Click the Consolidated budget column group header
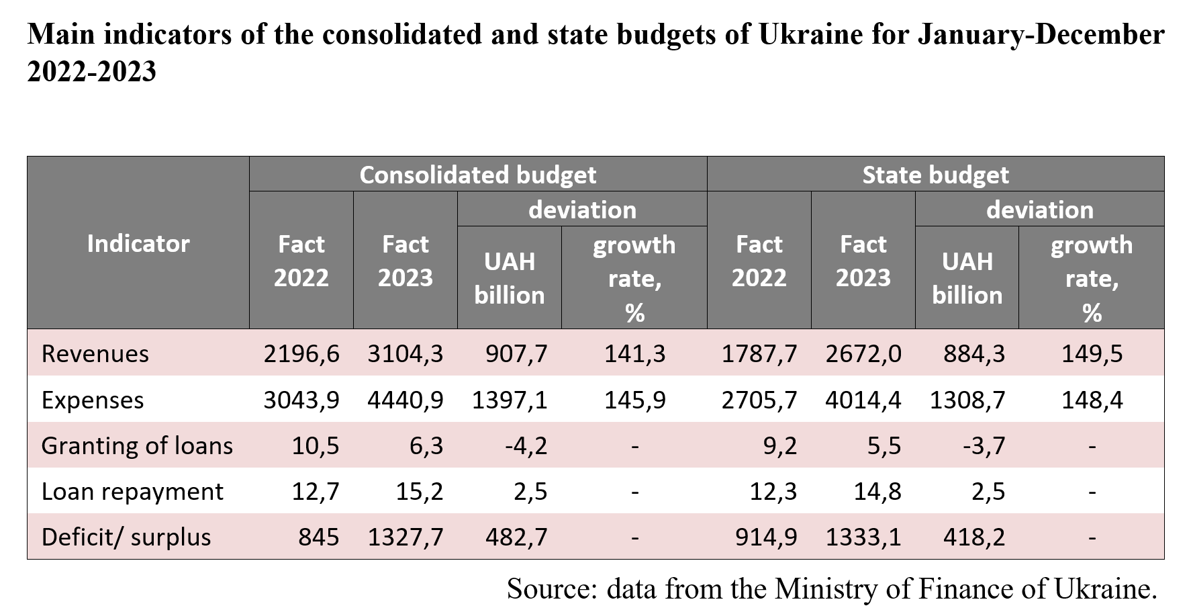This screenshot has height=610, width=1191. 477,175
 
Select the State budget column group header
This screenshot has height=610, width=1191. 935,175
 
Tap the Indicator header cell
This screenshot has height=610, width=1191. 138,243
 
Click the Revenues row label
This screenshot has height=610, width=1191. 95,353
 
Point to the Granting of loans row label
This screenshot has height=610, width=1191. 137,445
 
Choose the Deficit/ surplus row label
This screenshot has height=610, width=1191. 126,537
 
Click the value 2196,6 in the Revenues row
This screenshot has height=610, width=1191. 301,353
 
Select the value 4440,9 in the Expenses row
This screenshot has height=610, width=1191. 406,400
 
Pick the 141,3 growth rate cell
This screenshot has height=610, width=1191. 634,353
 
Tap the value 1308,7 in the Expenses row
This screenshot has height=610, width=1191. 967,400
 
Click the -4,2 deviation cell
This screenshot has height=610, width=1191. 526,445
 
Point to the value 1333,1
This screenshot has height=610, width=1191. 863,537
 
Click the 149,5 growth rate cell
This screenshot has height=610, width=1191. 1092,353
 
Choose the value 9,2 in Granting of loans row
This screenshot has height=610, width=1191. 779,445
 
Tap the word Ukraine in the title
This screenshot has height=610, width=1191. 810,34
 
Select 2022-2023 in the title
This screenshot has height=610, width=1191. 91,71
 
